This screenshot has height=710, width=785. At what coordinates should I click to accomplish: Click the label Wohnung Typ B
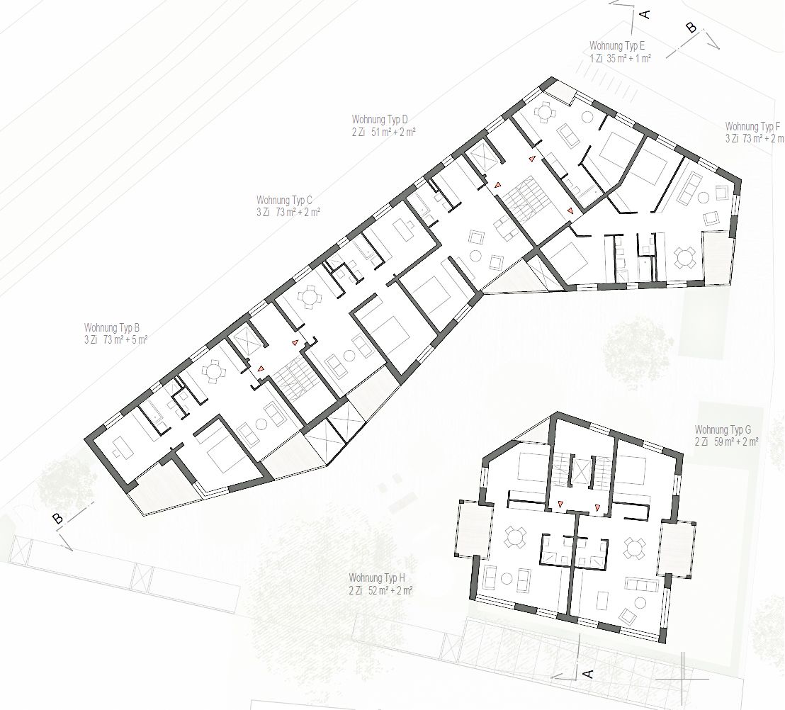click(x=112, y=328)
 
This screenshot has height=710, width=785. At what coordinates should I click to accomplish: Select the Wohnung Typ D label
click(x=380, y=120)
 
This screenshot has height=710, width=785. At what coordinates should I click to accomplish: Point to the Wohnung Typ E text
click(x=617, y=46)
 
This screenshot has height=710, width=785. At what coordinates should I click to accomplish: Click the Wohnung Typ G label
click(x=723, y=429)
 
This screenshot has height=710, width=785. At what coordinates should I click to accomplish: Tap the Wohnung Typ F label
click(x=752, y=126)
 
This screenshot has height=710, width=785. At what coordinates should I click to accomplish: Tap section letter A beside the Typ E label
click(x=645, y=14)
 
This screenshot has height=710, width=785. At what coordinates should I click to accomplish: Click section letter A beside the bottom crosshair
click(x=589, y=674)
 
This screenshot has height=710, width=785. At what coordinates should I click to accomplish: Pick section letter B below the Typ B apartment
click(x=58, y=519)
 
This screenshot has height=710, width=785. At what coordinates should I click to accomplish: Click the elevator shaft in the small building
click(x=580, y=470)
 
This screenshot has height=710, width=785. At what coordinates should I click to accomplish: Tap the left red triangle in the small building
click(x=560, y=505)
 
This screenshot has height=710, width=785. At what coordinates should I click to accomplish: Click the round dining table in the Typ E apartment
click(x=545, y=112)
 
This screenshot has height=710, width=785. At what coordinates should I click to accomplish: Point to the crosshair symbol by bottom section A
click(x=683, y=678)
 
